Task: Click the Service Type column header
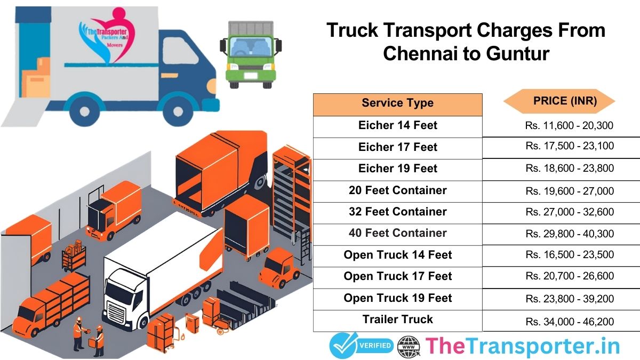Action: click(x=397, y=103)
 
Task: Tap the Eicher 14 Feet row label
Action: click(x=397, y=126)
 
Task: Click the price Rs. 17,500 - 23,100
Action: click(x=569, y=147)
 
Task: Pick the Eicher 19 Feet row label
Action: click(x=397, y=169)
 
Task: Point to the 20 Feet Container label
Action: click(x=397, y=190)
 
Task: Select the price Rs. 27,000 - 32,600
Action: click(x=569, y=212)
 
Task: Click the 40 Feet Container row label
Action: click(x=397, y=233)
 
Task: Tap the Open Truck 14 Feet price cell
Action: click(x=569, y=255)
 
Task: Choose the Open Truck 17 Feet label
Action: click(x=397, y=276)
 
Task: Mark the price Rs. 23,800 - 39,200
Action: click(x=569, y=298)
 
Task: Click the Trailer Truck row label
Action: click(x=397, y=319)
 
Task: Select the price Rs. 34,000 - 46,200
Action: click(x=569, y=322)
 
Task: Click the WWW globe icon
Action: click(x=409, y=346)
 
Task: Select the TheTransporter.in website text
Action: click(x=523, y=346)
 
